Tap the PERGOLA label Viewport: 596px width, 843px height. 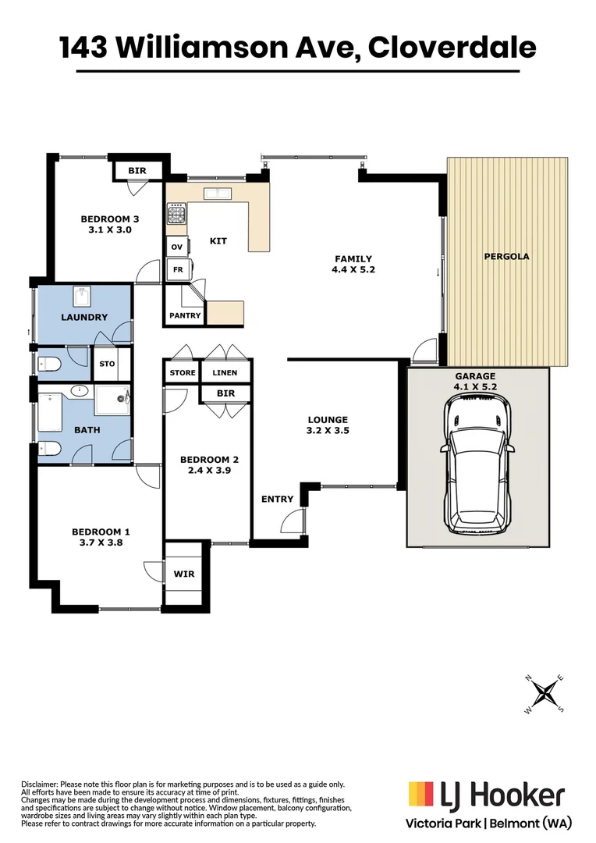pos(506,256)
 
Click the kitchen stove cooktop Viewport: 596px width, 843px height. pos(176,213)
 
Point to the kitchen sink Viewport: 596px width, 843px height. pos(214,193)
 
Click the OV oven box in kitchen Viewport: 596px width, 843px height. pos(176,247)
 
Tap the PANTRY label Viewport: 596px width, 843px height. pos(185,316)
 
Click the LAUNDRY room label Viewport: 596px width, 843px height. pos(84,318)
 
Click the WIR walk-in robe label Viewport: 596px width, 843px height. pos(184,574)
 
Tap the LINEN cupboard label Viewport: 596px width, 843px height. pos(225,373)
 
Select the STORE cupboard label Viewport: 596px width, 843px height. pos(183,373)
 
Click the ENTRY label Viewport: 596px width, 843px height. pos(277,499)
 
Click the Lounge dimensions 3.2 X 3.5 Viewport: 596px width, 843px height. pos(327,431)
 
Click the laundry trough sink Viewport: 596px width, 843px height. pos(82,297)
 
